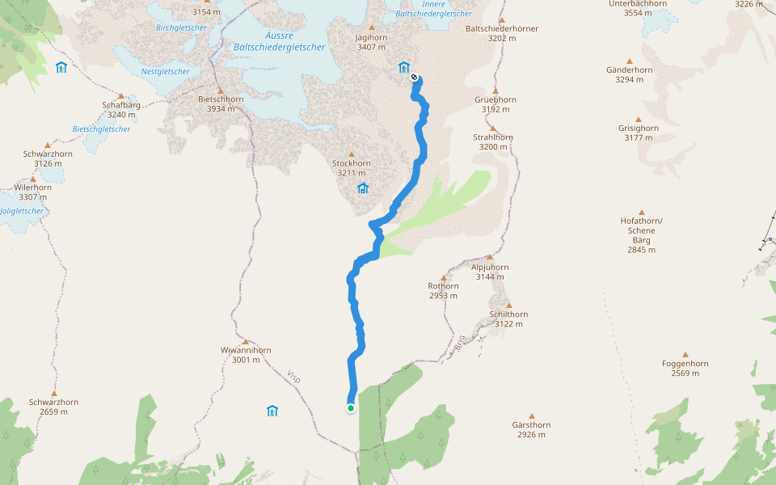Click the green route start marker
coord(351,408)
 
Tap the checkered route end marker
coord(415,78)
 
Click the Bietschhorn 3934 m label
coord(221,104)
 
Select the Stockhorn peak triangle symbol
coord(352,154)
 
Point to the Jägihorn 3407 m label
coord(371,42)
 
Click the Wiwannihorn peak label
coord(246,355)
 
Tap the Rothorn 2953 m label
coord(443,290)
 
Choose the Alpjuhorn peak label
coord(491,272)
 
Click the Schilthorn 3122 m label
coord(508,318)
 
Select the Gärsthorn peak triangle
coord(532,416)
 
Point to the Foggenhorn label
coord(685,368)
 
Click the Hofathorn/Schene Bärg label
coord(641,235)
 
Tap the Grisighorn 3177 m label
coord(638,133)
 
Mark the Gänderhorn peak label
coord(629,74)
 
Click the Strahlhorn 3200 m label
coord(492,141)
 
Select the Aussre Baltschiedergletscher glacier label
coord(279,42)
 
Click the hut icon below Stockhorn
coord(363,188)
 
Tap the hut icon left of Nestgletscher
coord(61,67)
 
